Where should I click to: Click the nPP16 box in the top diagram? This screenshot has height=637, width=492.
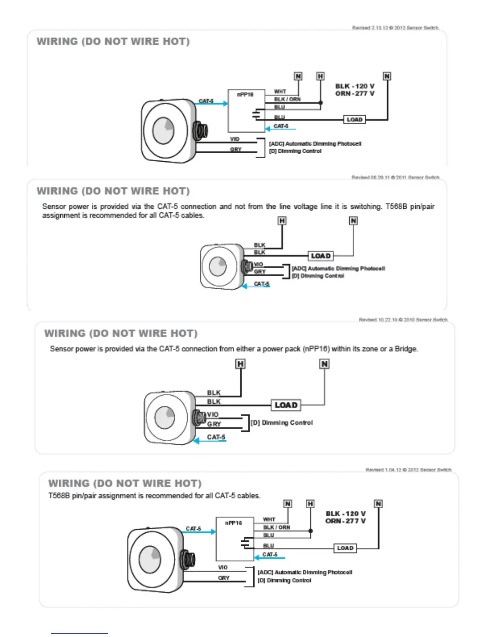click(x=246, y=111)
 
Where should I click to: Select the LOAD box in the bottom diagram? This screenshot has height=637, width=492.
click(x=345, y=548)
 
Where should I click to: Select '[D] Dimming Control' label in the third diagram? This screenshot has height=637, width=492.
click(x=282, y=423)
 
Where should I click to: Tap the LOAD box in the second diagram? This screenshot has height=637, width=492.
click(x=320, y=256)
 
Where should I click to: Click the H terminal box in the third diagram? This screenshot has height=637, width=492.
click(x=240, y=364)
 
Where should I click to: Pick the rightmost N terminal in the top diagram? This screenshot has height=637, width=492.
click(x=387, y=76)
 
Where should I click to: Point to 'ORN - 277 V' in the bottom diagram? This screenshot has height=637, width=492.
click(x=345, y=521)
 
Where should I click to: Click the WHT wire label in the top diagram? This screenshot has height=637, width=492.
click(x=280, y=92)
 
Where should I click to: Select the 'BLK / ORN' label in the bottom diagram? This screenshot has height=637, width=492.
click(x=277, y=527)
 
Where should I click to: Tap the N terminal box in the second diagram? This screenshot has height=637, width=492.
click(x=353, y=221)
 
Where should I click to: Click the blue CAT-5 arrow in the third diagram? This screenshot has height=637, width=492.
click(x=210, y=441)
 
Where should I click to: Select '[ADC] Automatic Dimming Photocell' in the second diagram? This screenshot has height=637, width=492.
click(x=338, y=268)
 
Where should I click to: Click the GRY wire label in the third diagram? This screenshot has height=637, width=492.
click(x=214, y=424)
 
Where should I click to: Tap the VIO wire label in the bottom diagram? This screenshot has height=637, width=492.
click(x=223, y=567)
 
